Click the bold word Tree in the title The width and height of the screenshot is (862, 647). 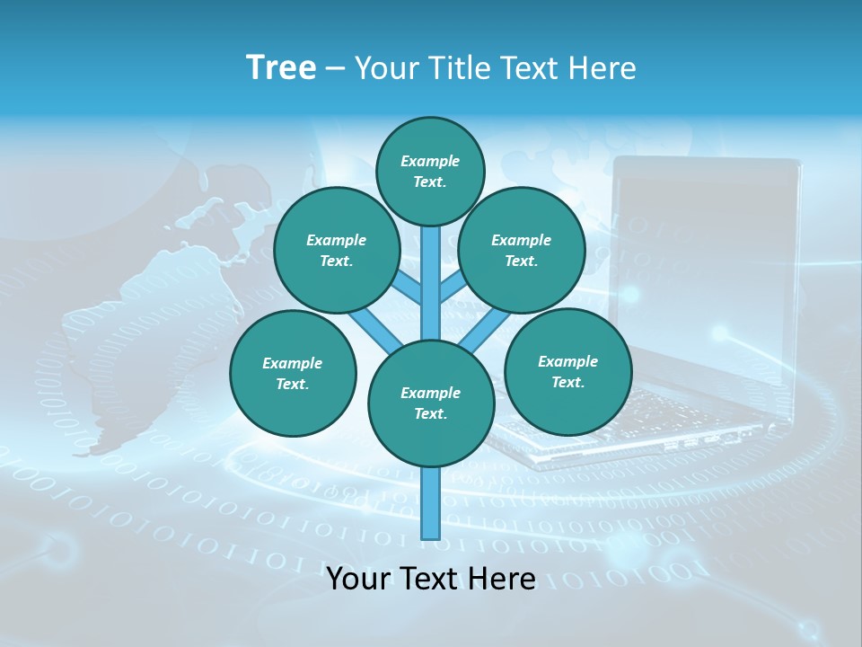[x=281, y=68]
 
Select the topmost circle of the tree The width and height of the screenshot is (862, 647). [x=430, y=171]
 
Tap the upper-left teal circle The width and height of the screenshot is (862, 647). [x=337, y=250]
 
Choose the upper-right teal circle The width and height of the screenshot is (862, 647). [x=522, y=250]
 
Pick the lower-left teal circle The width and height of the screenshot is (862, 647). [x=293, y=373]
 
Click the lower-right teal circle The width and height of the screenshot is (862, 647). [x=567, y=371]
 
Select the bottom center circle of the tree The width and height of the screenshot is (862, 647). [x=431, y=403]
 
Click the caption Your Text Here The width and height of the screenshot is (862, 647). [x=431, y=579]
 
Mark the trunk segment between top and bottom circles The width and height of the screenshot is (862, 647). [x=431, y=279]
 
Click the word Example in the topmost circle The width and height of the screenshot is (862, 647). [x=430, y=161]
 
